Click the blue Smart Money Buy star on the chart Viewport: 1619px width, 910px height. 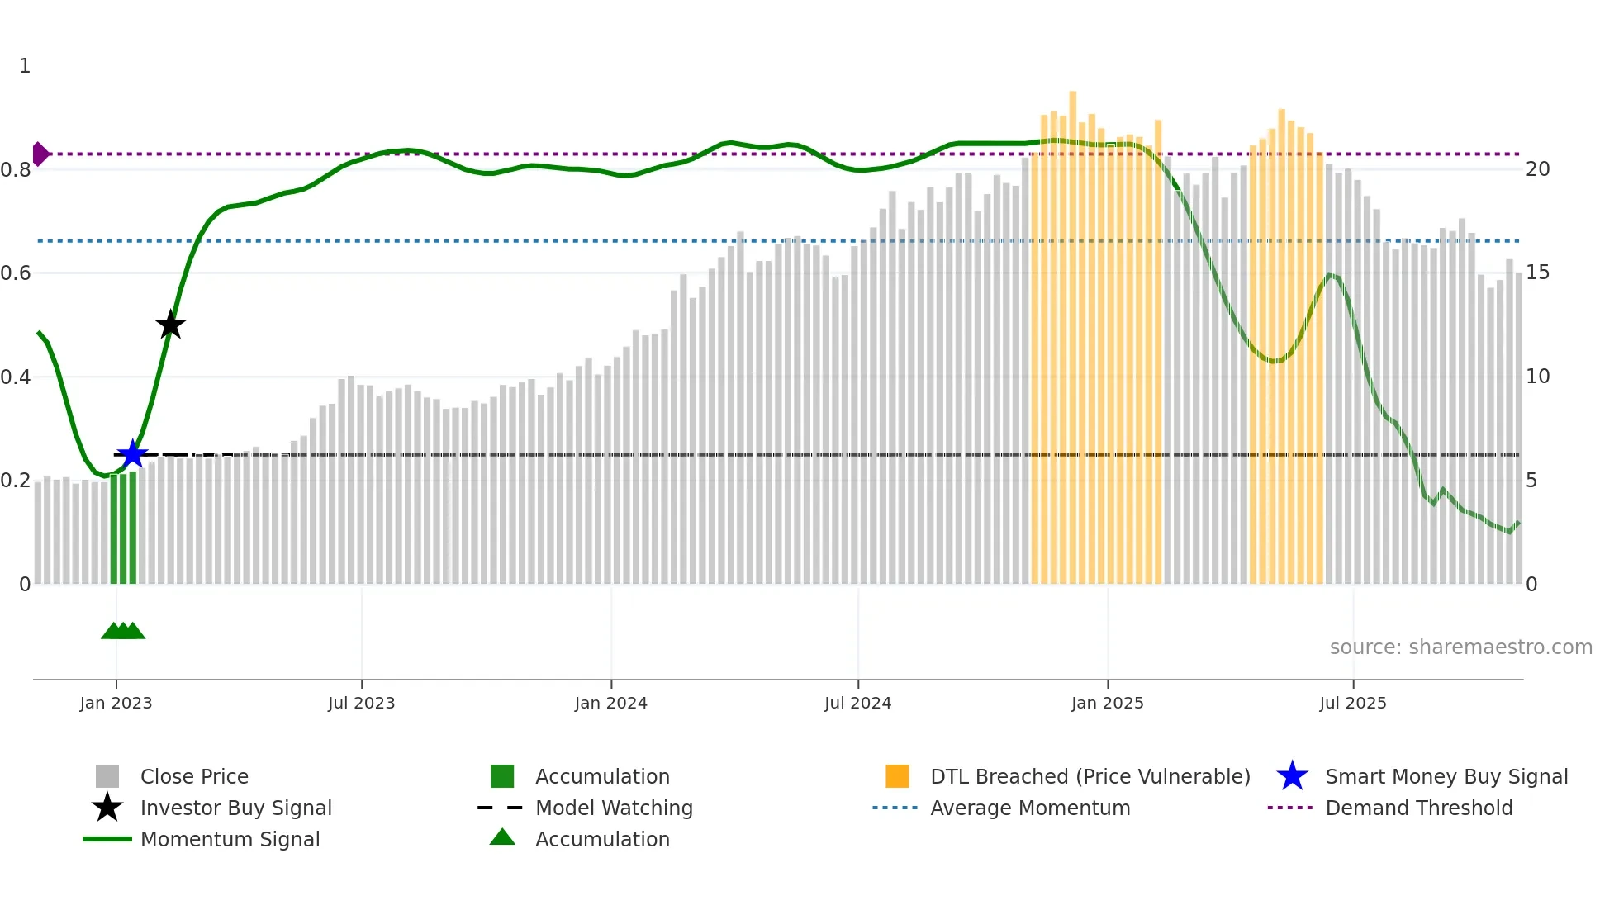click(132, 453)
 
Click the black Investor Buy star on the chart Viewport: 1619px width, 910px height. click(170, 325)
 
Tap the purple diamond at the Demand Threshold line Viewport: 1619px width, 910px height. click(40, 154)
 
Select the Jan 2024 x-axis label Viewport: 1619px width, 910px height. click(610, 703)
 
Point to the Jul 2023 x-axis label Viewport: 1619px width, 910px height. click(361, 703)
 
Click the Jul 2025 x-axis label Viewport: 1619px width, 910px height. click(1352, 703)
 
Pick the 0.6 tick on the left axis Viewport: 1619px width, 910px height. click(16, 273)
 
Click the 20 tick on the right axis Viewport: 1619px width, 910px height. click(1537, 168)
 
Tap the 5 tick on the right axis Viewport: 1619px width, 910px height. click(1531, 480)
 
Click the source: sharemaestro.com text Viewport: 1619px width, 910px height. click(1460, 647)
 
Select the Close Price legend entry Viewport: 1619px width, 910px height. click(194, 776)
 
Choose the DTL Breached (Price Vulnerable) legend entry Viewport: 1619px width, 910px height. click(1090, 776)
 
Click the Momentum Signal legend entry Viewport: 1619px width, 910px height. click(230, 839)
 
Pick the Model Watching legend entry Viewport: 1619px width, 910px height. click(614, 808)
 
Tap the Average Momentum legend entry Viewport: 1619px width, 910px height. click(1029, 808)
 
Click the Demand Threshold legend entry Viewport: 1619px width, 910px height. click(1418, 808)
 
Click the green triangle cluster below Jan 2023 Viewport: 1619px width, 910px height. click(123, 631)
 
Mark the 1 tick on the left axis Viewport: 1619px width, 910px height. click(25, 65)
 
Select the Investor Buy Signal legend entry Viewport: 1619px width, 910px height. click(235, 808)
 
